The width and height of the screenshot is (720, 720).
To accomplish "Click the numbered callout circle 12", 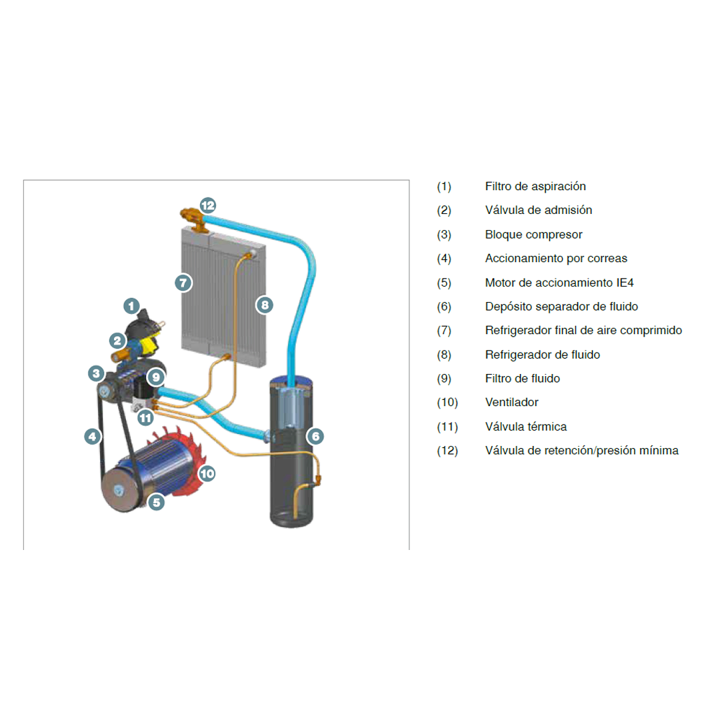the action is click(208, 205).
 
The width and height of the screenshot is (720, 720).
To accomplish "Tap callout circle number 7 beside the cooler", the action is click(183, 283).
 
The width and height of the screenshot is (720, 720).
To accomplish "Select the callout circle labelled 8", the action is click(265, 305).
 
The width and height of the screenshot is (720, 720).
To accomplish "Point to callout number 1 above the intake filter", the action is click(131, 306).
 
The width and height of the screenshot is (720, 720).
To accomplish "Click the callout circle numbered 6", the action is click(315, 436).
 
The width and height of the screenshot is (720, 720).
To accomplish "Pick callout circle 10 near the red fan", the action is click(207, 473).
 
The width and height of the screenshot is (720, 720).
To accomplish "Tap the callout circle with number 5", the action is click(157, 502).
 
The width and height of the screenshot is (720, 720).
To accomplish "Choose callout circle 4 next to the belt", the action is click(93, 436).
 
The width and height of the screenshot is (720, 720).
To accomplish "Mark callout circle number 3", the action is click(97, 373).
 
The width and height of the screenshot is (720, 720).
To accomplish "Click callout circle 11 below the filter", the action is click(145, 418).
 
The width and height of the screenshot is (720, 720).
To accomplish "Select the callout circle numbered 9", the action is click(156, 377).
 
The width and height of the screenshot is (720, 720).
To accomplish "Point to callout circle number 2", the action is click(117, 341).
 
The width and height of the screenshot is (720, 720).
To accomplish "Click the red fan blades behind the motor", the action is click(184, 459).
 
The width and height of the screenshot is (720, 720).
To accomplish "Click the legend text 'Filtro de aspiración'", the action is click(535, 187).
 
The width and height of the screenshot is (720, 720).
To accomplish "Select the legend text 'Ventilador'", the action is click(511, 402).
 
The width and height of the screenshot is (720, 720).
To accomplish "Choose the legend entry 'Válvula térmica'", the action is click(526, 427).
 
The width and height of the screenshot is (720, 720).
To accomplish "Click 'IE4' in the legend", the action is click(625, 283).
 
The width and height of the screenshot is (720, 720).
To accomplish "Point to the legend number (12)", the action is click(447, 451).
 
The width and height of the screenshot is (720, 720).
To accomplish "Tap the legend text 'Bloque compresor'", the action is click(533, 235).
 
